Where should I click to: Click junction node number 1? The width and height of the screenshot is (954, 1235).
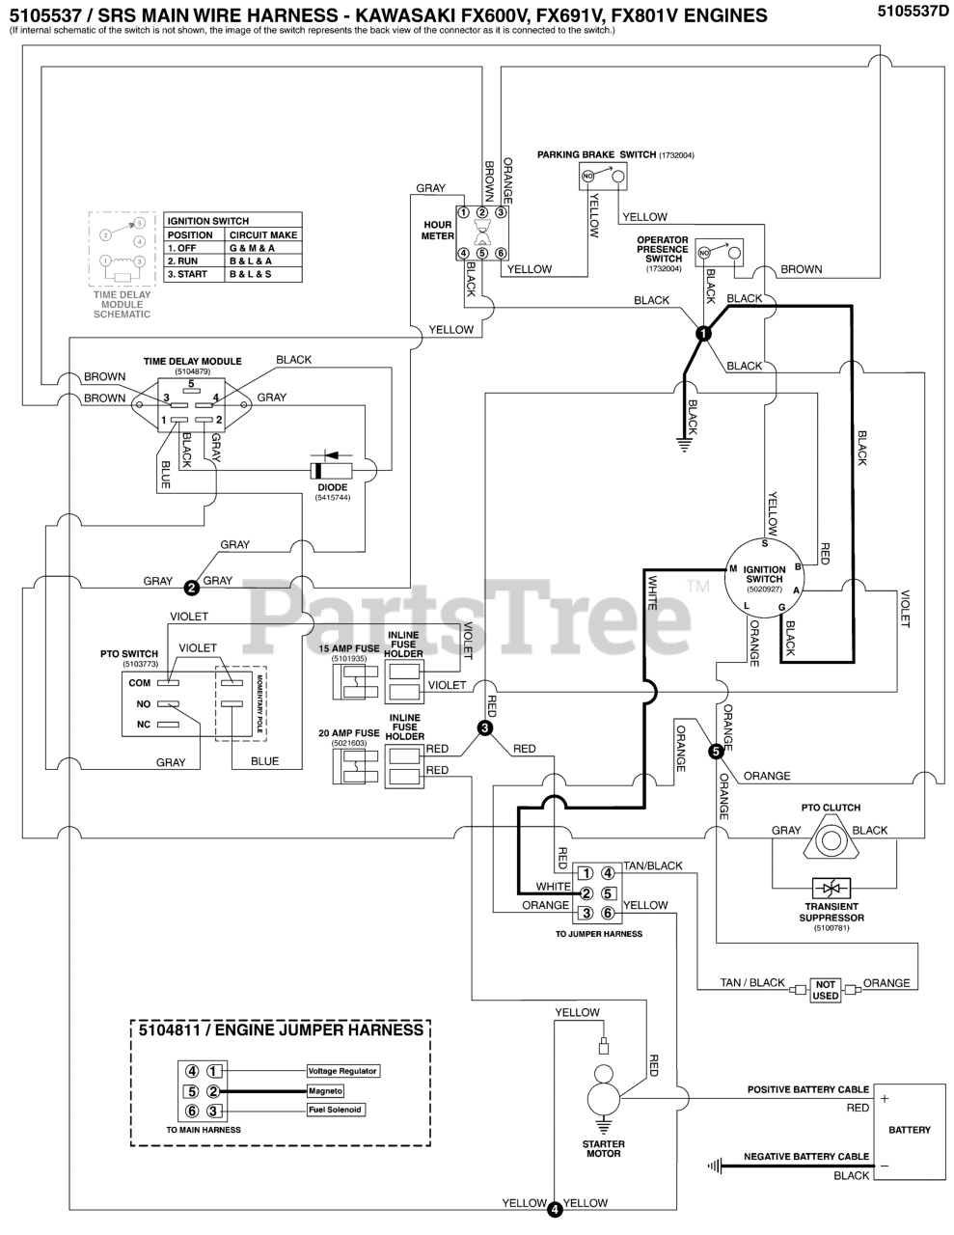tap(703, 333)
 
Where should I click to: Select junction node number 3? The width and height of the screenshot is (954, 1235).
tap(485, 727)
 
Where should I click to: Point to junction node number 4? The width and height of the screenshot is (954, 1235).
tap(554, 1207)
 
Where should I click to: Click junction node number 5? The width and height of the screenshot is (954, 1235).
tap(716, 750)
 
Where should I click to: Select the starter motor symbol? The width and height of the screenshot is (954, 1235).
tap(604, 1099)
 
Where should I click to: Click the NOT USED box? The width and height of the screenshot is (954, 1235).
tap(826, 990)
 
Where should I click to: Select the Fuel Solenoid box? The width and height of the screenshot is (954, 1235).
tap(336, 1110)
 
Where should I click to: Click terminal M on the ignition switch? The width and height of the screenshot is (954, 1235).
tap(733, 568)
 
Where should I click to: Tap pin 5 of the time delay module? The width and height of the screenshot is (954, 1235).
tap(191, 383)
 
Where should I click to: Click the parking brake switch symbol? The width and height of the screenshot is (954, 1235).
tap(602, 177)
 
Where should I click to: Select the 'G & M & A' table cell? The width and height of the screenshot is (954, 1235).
tap(252, 248)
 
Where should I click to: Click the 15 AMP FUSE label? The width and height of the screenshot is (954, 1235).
tap(349, 648)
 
